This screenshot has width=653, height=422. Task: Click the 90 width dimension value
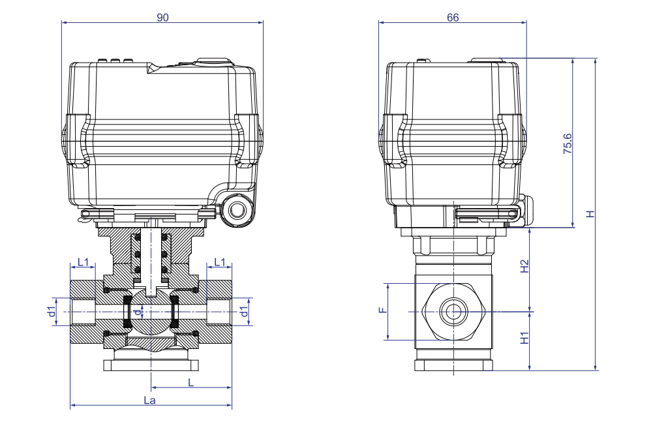pos(162,18)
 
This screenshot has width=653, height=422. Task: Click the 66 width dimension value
pos(452,18)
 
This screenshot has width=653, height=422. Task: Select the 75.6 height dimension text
pos(567,143)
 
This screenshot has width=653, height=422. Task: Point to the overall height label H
pos(590,215)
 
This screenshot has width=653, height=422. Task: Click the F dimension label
pos(382,311)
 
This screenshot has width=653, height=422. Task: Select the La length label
pos(149,400)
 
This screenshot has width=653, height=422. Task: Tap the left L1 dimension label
pos(83,262)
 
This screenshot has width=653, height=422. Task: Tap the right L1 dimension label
pos(219,262)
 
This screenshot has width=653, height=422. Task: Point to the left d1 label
pos(52,312)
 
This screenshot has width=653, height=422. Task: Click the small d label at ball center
pos(136,312)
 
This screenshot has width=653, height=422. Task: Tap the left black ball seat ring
pos(128,312)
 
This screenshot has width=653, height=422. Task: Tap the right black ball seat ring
pos(175,312)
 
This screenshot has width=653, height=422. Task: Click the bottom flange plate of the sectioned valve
pos(151,365)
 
